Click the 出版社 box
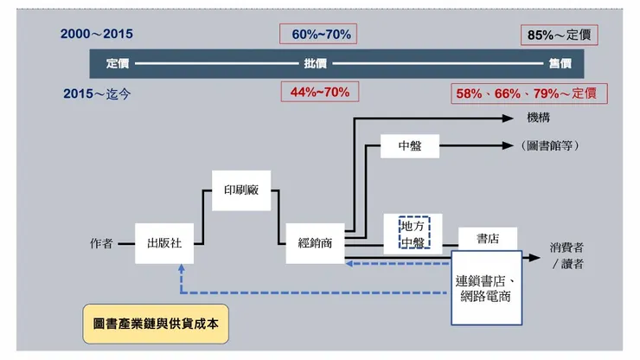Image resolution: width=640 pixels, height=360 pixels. click(x=164, y=243)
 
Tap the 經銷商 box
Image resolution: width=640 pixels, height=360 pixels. click(x=315, y=243)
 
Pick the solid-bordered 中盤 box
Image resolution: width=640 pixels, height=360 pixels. click(x=410, y=145)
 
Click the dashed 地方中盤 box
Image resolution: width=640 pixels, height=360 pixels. click(x=413, y=233)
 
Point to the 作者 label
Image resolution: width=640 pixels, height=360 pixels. click(x=101, y=243)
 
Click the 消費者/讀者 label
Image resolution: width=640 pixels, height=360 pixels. click(x=566, y=255)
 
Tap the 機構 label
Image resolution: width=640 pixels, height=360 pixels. click(x=538, y=117)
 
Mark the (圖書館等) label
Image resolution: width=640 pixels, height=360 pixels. click(x=551, y=145)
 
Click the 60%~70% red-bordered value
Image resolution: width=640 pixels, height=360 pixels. click(x=318, y=35)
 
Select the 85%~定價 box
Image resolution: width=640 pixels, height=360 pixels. click(x=562, y=35)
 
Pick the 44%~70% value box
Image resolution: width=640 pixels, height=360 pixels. click(x=320, y=92)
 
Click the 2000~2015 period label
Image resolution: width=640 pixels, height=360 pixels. click(x=97, y=35)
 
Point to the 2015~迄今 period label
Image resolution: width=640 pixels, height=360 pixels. click(x=98, y=93)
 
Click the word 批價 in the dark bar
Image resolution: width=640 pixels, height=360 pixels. click(x=315, y=63)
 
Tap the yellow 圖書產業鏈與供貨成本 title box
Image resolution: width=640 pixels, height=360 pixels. click(x=156, y=321)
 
